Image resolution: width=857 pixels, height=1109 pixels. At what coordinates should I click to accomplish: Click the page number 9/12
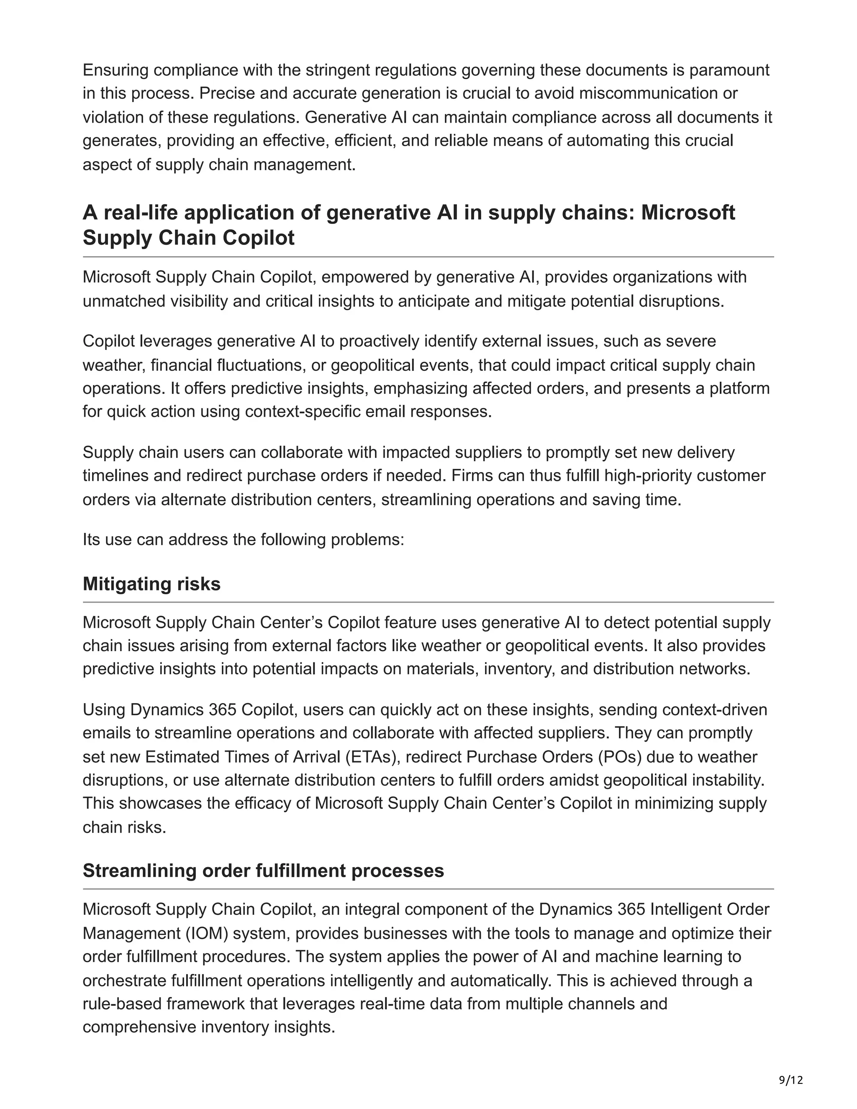click(791, 1080)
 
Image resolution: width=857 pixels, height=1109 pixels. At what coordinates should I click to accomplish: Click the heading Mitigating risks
click(151, 584)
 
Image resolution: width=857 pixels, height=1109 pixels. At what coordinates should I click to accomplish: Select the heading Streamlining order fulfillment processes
click(263, 870)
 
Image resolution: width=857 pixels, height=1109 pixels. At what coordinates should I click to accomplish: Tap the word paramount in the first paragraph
click(729, 69)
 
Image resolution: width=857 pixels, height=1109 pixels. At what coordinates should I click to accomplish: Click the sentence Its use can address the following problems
click(243, 539)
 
